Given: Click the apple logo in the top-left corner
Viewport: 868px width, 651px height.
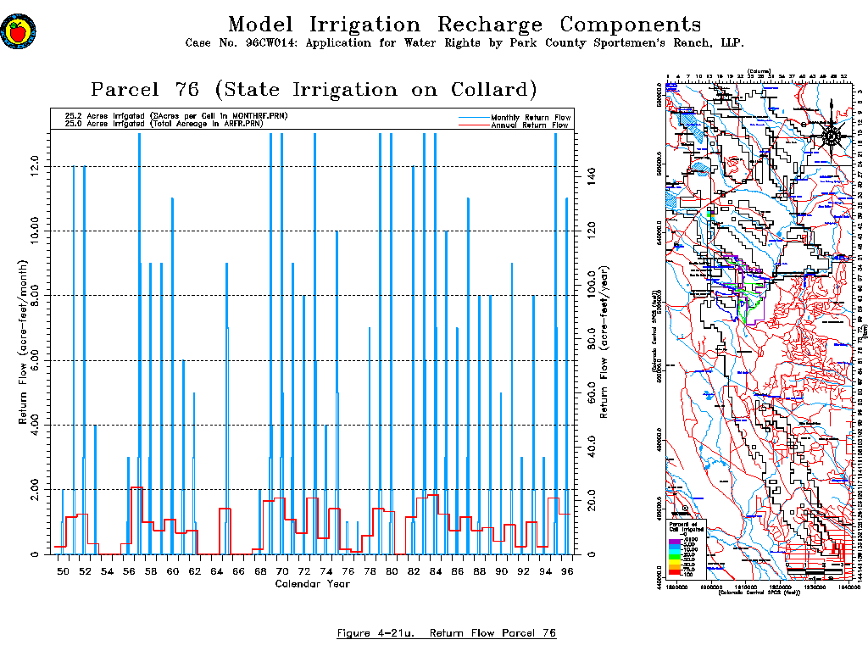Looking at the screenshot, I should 16,32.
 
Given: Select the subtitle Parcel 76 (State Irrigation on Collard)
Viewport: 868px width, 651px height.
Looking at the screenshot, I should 314,90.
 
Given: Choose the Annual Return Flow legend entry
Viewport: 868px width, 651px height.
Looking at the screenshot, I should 530,125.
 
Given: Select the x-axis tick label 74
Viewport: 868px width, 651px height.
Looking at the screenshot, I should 325,573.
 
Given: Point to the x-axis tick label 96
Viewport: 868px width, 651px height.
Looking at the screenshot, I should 566,573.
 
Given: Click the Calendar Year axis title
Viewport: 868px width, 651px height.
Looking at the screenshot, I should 313,583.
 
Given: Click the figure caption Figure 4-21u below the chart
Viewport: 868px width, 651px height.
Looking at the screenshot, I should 446,633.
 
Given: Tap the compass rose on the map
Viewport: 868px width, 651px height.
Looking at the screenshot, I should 831,135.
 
